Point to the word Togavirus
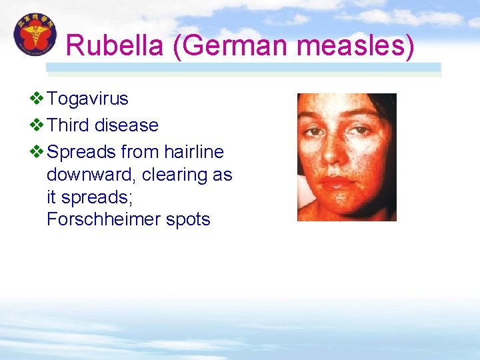point(88,99)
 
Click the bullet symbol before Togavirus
point(37,99)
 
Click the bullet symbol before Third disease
point(37,125)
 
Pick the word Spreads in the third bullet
point(82,152)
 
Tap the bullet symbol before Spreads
point(37,152)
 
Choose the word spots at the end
point(190,220)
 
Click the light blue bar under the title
point(243,67)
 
